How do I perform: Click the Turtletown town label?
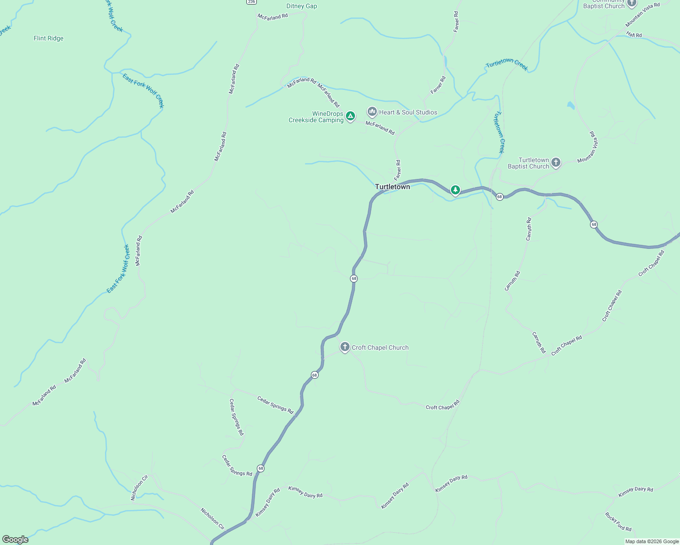[392, 187]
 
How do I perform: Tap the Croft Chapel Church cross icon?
[345, 347]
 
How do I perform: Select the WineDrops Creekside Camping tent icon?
[350, 116]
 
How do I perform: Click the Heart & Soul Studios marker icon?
[372, 112]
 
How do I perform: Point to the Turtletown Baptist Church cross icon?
[555, 163]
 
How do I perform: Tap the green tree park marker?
[455, 190]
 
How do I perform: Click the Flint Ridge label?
[49, 39]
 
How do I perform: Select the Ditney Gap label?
[301, 6]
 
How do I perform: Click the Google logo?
[15, 540]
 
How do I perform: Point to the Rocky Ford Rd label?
[618, 522]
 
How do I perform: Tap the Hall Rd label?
[634, 35]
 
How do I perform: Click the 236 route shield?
[251, 2]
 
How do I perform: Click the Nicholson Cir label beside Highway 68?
[213, 519]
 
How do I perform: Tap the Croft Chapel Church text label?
[380, 348]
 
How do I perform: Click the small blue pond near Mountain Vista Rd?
[570, 106]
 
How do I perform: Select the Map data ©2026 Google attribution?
[652, 541]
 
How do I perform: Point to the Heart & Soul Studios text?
[408, 112]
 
